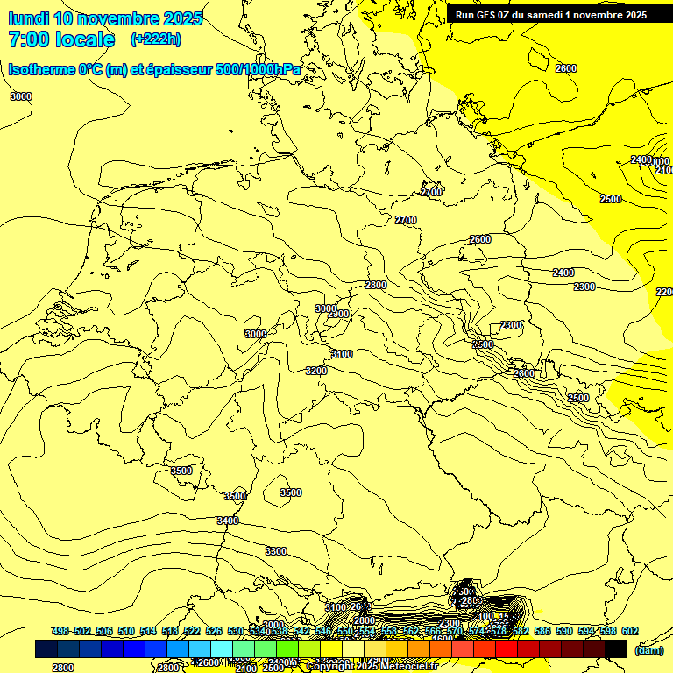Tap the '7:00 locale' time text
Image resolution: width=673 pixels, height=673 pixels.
coord(61,39)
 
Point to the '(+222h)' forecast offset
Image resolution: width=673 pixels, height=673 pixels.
coord(156,39)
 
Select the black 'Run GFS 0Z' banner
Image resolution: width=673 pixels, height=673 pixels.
coord(551,14)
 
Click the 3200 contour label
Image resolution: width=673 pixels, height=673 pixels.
coord(316,371)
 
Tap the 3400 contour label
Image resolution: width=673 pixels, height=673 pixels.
coord(228,521)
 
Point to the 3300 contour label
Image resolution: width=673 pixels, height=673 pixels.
coord(276,551)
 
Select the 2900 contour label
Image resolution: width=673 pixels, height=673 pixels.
coord(339,314)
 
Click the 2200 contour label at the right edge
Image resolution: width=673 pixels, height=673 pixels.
coord(664,292)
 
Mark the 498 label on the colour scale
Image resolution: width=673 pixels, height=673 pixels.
coord(60,632)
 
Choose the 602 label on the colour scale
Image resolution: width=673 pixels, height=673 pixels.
coord(630,632)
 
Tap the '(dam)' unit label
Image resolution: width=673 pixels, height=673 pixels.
coord(648,649)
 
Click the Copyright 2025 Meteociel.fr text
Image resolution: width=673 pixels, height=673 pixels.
coord(371,666)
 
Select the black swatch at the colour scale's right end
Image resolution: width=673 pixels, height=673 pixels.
coord(616,648)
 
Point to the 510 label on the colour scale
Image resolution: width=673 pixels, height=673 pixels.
coord(126,632)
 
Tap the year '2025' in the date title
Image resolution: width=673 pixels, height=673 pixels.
coord(181,18)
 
